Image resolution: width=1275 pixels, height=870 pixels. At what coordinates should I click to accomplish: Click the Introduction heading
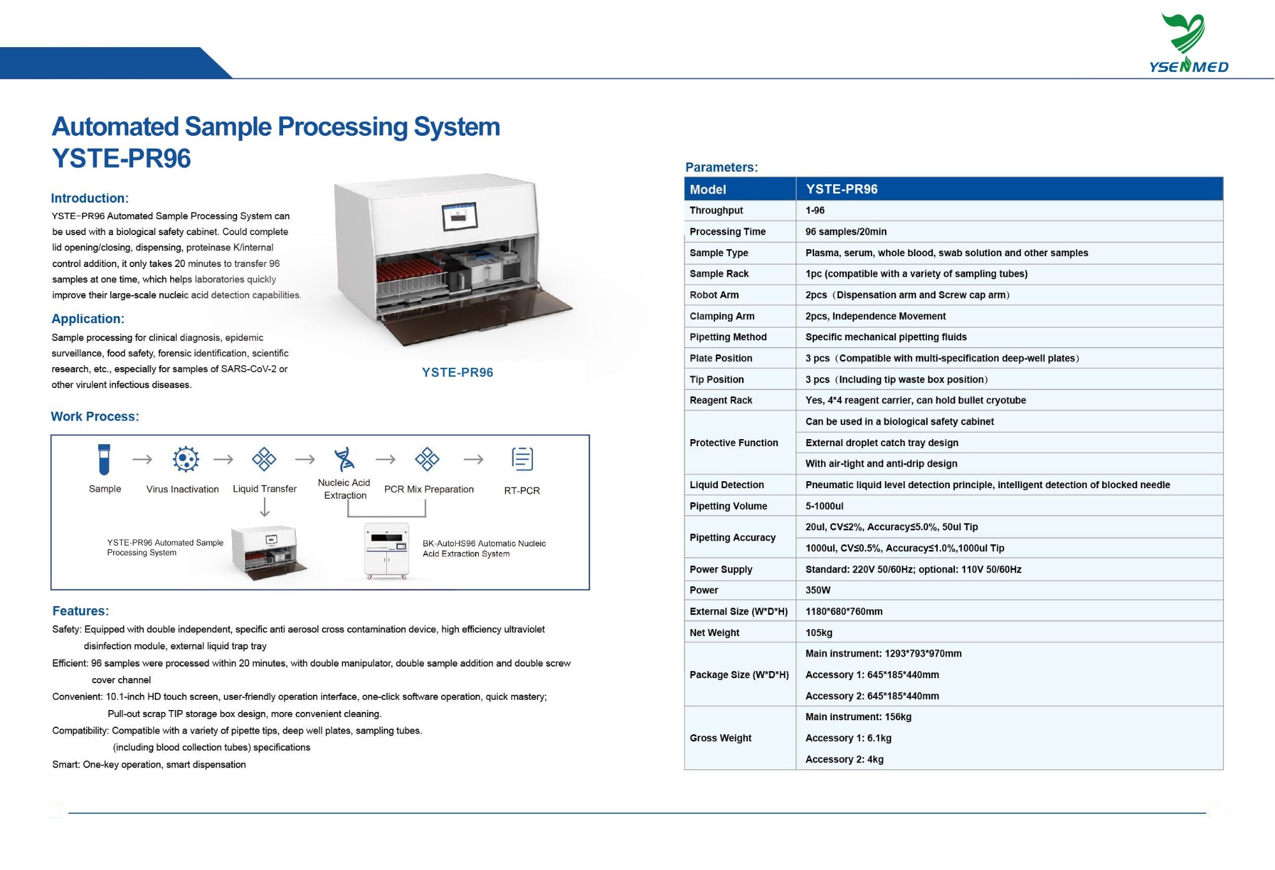tap(90, 198)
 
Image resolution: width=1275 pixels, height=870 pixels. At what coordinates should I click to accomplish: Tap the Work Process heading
tap(94, 416)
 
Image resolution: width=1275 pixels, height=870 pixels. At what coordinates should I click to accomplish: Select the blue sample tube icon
tap(104, 459)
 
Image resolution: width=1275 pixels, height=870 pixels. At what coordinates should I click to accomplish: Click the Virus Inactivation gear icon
tap(186, 459)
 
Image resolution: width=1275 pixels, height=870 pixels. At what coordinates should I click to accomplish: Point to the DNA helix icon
tap(344, 458)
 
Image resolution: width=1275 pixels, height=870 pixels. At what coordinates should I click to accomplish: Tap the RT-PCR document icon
tap(522, 458)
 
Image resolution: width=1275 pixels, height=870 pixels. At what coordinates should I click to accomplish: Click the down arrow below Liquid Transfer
tap(265, 507)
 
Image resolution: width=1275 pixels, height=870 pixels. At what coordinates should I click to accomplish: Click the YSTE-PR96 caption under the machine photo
tap(457, 372)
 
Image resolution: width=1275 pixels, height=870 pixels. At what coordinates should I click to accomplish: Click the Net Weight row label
tap(714, 632)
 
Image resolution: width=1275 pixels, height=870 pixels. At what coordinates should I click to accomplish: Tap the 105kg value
tap(819, 632)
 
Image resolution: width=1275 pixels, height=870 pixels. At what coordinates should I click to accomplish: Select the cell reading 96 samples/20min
tap(846, 231)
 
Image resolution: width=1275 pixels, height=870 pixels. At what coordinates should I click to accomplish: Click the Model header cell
tap(708, 189)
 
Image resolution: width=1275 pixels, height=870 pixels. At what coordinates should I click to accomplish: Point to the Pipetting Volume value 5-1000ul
tap(824, 506)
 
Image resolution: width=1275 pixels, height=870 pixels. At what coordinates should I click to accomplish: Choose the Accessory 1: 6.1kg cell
tap(848, 738)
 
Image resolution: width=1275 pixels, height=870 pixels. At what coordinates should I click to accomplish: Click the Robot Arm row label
tap(714, 295)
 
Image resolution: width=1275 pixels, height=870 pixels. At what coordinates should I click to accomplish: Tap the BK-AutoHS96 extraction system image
tap(386, 551)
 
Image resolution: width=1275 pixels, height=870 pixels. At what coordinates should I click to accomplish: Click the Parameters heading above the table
tap(721, 167)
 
